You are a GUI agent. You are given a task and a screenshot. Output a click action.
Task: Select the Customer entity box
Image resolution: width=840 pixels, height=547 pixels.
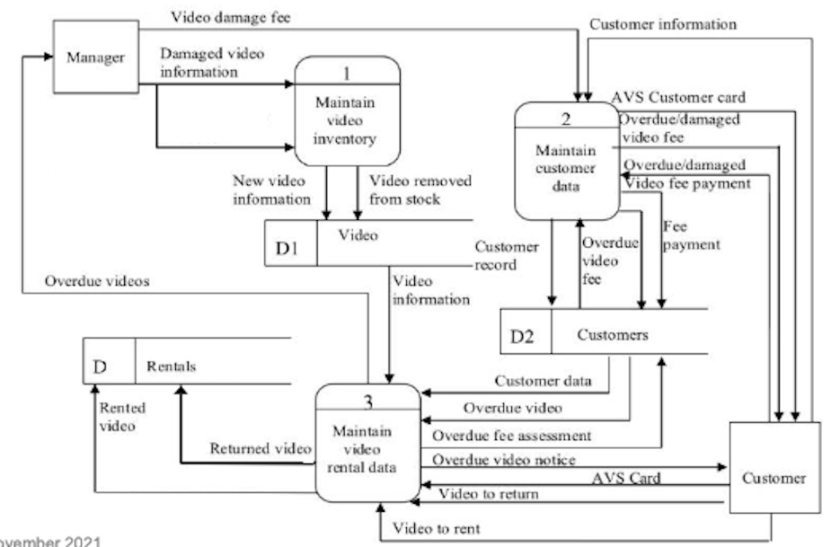click(774, 479)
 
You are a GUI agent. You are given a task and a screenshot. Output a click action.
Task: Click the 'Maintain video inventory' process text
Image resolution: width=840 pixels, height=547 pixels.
click(346, 121)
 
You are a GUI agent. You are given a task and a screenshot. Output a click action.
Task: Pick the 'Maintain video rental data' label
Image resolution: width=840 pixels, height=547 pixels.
click(367, 448)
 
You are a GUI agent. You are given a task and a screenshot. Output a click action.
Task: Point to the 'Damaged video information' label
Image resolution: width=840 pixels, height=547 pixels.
click(213, 63)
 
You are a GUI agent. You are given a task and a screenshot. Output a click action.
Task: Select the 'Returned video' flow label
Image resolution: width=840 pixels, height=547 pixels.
click(261, 447)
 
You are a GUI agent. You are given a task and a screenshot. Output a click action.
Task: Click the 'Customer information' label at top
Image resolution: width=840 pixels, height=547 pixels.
click(663, 24)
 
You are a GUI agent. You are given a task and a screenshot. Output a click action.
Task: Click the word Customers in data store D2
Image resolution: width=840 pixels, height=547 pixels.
click(613, 337)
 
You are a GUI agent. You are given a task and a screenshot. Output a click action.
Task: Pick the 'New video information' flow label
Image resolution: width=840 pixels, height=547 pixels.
click(271, 190)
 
